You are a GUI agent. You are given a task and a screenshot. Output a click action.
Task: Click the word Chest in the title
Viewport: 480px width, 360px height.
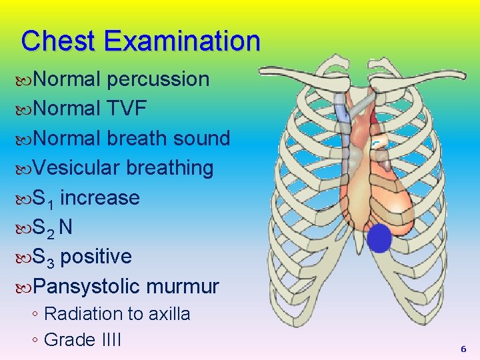58,41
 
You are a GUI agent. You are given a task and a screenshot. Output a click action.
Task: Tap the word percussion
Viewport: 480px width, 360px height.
158,80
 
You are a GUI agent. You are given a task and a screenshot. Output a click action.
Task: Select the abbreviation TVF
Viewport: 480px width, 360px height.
125,109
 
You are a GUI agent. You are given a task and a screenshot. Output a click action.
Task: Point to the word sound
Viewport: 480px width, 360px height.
201,139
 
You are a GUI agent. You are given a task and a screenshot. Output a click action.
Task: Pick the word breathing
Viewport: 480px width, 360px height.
170,168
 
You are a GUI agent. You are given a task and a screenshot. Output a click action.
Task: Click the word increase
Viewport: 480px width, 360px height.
99,198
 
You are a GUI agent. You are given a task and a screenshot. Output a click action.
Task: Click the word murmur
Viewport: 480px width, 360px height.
183,287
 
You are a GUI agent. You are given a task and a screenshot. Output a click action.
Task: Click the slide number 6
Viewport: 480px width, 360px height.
463,349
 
